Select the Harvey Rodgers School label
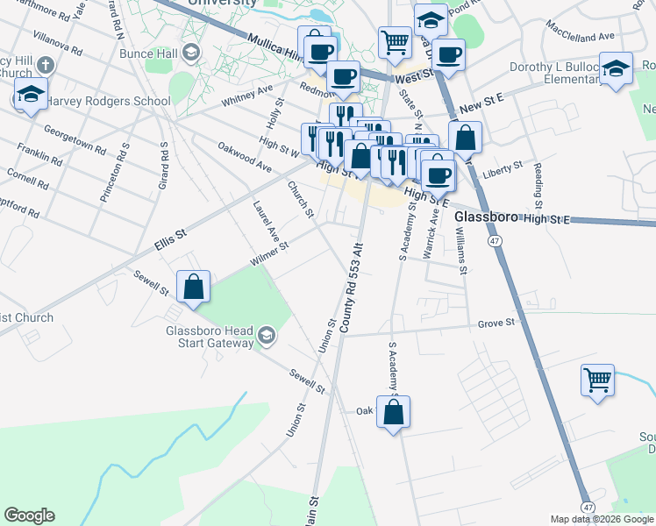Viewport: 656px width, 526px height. (107, 101)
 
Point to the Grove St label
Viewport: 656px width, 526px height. (496, 323)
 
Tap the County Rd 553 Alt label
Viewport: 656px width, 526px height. (352, 288)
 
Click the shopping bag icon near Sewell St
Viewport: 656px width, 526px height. (193, 288)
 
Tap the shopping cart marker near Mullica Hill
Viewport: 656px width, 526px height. (395, 40)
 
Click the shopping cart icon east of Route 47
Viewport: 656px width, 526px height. (597, 380)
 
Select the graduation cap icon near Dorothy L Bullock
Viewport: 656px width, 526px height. (616, 68)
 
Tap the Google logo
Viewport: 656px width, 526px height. (29, 515)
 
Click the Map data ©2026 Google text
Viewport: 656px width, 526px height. (601, 519)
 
